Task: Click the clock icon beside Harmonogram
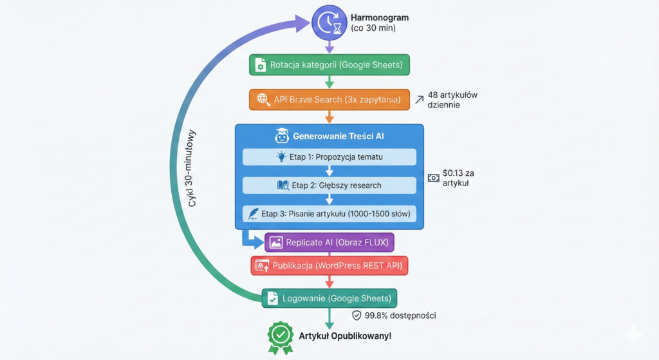329,23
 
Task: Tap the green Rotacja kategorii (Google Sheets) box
329,65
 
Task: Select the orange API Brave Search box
329,99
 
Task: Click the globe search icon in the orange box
263,99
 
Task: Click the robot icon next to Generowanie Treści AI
281,137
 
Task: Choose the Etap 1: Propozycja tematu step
329,157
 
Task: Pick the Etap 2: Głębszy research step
329,185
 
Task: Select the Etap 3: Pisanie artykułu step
329,214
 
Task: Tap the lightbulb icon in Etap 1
281,157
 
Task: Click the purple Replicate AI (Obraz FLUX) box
329,242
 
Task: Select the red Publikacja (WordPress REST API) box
329,265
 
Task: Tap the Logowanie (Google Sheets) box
329,298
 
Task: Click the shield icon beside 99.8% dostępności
357,316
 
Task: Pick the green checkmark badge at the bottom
280,336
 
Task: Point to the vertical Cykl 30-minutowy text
192,169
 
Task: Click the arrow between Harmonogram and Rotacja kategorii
329,47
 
